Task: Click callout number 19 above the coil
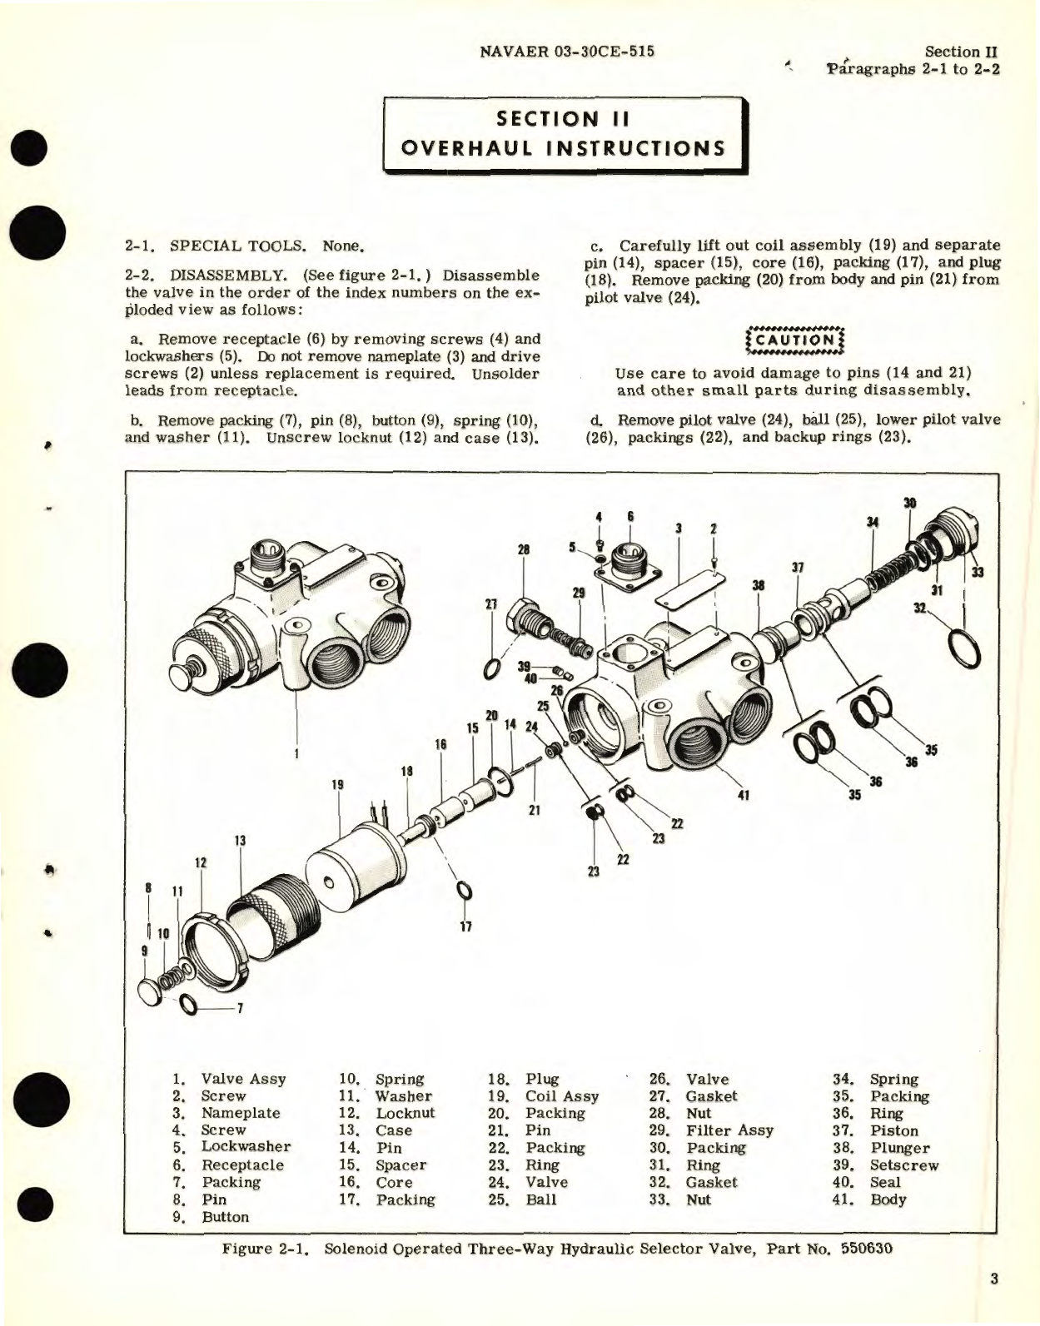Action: [x=337, y=785]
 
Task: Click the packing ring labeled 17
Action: [x=465, y=891]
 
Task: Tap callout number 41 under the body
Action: [x=744, y=795]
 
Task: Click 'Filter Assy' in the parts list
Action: [x=729, y=1130]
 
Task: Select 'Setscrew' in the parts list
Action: [x=903, y=1165]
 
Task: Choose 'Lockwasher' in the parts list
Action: [x=246, y=1147]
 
